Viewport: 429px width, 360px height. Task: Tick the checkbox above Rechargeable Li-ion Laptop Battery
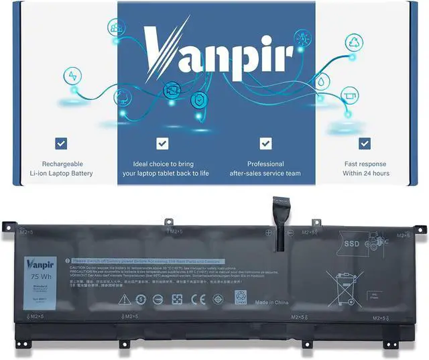[x=61, y=143]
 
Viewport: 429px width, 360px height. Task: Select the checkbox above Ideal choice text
[x=162, y=143]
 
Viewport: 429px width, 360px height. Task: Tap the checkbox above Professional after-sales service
[x=265, y=143]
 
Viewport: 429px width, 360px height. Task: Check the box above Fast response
[x=364, y=143]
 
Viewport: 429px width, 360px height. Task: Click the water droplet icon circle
[x=322, y=82]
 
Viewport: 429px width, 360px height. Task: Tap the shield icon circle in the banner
[x=198, y=101]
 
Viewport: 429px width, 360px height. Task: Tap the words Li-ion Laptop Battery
[x=61, y=174]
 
